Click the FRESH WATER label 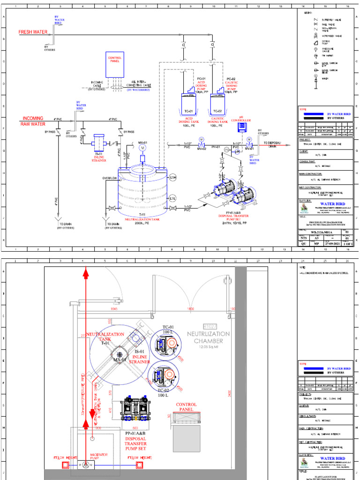tap(33, 32)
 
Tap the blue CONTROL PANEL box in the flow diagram tap(115, 64)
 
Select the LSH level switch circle tap(172, 177)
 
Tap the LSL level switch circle tap(172, 198)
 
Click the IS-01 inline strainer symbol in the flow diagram tap(99, 142)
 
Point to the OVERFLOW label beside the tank tap(110, 178)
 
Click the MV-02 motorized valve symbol tap(201, 140)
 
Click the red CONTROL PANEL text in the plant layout tap(186, 406)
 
